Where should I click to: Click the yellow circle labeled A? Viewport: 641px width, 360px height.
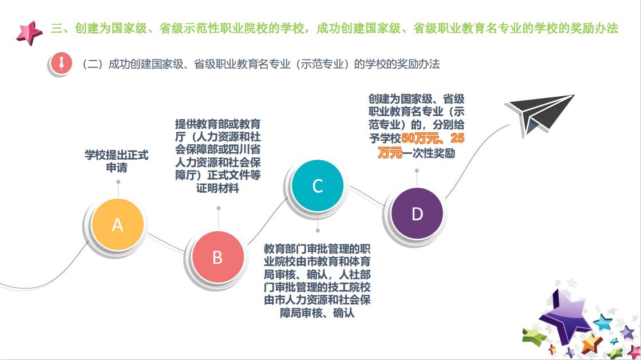tap(117, 224)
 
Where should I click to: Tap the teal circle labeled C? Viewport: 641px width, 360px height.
tap(318, 185)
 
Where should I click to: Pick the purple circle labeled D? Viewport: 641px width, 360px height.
tap(417, 213)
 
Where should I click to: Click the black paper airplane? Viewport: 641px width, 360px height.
tap(540, 114)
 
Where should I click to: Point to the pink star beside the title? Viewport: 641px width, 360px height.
tap(29, 33)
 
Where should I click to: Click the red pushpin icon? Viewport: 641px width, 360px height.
tap(61, 64)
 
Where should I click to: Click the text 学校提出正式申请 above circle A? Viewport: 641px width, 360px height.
tap(117, 161)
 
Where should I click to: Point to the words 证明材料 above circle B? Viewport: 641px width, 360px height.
tap(217, 188)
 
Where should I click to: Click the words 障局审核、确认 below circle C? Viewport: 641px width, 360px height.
tap(317, 313)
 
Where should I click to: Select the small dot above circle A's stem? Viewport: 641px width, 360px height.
tap(118, 182)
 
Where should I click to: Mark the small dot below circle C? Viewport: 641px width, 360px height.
tap(318, 231)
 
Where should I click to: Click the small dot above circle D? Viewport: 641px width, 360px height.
tap(417, 171)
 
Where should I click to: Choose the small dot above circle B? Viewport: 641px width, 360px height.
tap(219, 208)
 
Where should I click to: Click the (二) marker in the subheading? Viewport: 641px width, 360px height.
tap(92, 64)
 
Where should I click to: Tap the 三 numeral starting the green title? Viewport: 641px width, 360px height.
tap(57, 28)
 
